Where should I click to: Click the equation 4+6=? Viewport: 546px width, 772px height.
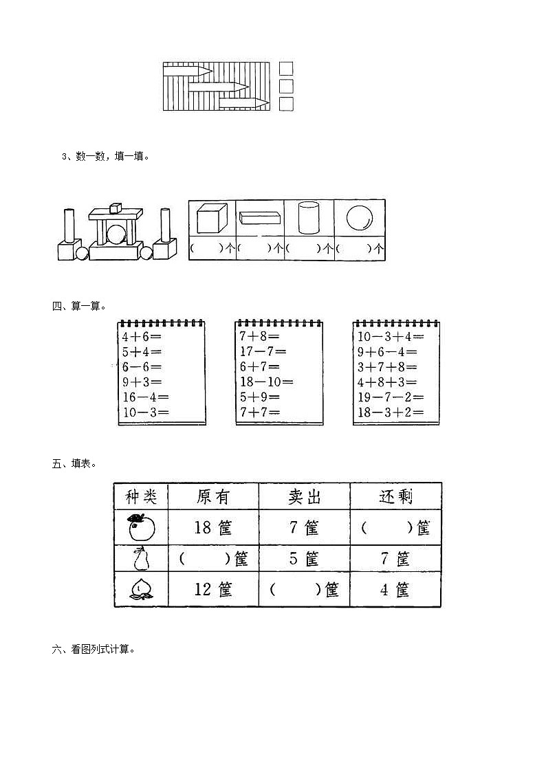(142, 337)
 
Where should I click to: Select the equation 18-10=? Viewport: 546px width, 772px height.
(266, 382)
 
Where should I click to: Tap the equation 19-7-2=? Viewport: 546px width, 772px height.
(390, 397)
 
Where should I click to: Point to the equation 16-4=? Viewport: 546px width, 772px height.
(145, 397)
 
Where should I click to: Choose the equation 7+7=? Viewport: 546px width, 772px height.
(259, 412)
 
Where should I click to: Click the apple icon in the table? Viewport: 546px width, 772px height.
(141, 527)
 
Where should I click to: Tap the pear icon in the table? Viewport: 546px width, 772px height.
(141, 559)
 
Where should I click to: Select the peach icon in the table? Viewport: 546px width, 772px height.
(141, 590)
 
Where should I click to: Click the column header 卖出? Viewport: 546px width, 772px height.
(304, 496)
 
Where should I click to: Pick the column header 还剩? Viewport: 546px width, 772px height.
(395, 496)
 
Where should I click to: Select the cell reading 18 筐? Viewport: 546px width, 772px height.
(213, 528)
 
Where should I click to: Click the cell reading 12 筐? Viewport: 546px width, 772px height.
(213, 590)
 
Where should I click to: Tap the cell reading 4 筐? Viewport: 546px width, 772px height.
(395, 590)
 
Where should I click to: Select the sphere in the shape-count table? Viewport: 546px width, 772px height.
(359, 217)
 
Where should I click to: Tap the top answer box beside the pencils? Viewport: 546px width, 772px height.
(287, 68)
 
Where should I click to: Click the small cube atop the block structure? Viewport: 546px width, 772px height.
(115, 207)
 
